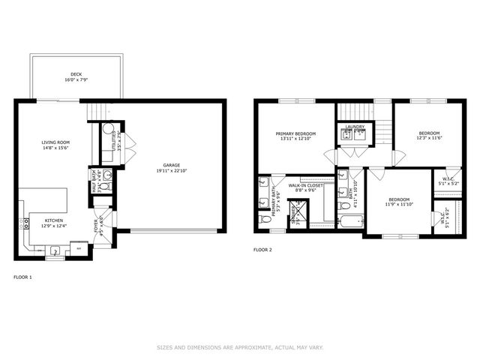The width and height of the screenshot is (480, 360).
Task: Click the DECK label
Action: (76, 74)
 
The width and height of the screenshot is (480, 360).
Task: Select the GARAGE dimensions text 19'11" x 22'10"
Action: (172, 171)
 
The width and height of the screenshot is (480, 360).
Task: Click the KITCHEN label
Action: (44, 220)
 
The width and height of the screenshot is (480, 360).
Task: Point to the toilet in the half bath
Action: (106, 184)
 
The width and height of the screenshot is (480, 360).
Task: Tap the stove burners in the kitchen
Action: (76, 246)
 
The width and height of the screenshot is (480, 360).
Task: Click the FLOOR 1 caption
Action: (22, 277)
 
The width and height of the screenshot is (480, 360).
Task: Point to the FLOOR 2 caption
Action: (262, 249)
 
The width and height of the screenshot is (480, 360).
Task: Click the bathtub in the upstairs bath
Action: (350, 220)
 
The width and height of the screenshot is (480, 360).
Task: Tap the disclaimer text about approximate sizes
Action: (240, 347)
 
